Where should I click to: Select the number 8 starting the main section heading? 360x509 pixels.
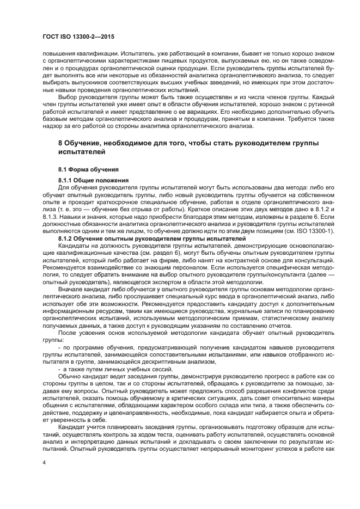point(60,143)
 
